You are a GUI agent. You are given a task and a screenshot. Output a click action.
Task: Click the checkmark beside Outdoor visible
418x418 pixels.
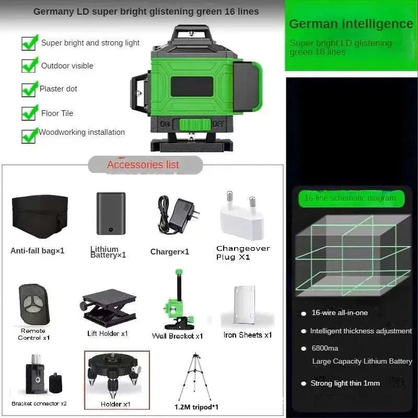click(x=29, y=65)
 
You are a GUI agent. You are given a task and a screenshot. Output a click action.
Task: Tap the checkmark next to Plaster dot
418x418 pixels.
click(x=29, y=89)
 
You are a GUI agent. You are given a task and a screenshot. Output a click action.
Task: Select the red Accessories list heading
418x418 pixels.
click(x=143, y=165)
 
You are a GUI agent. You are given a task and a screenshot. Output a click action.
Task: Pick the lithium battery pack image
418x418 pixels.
click(x=111, y=213)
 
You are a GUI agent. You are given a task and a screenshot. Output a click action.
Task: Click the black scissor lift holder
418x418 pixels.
click(x=109, y=308)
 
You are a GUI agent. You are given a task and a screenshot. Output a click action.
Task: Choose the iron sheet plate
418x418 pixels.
click(x=245, y=306)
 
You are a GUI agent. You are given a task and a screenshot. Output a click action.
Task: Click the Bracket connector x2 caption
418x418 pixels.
click(x=39, y=403)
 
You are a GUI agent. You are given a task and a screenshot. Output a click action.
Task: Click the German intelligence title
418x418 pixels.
click(x=351, y=24)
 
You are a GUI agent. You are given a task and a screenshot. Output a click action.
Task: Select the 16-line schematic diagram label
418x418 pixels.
click(x=350, y=198)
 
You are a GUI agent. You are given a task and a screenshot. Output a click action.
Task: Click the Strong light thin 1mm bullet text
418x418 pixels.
click(x=345, y=383)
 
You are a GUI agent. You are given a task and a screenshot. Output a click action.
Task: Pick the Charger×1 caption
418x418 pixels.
click(x=170, y=252)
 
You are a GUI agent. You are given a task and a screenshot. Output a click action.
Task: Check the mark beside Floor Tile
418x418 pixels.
click(x=29, y=112)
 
